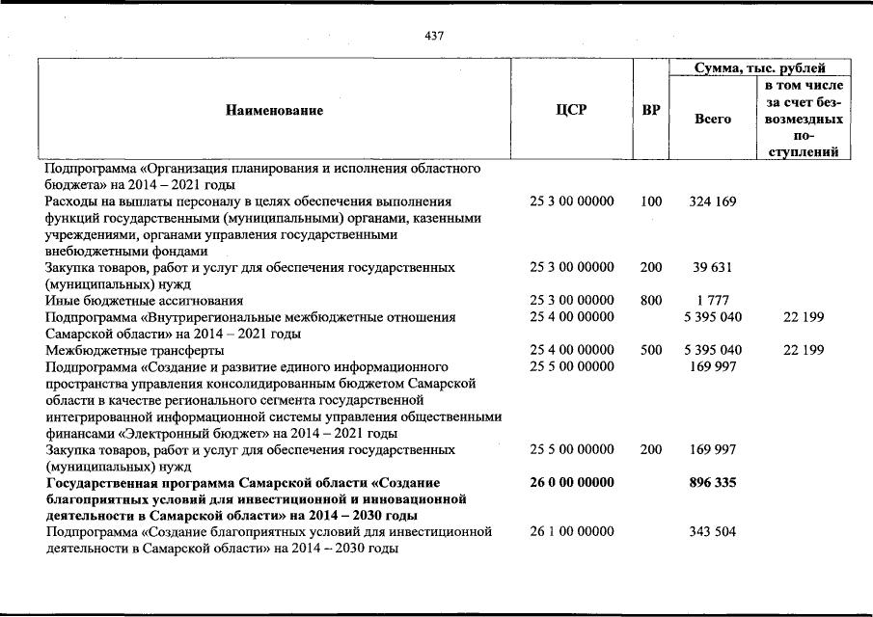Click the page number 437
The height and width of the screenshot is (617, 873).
[x=433, y=36]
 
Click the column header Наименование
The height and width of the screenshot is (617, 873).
[x=275, y=111]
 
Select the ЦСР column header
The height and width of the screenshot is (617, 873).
[x=572, y=111]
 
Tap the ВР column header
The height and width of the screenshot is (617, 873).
[x=651, y=111]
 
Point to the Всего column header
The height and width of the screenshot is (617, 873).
[x=713, y=120]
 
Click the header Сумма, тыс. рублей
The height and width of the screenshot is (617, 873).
[x=760, y=68]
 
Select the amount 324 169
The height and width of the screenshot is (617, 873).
[x=713, y=202]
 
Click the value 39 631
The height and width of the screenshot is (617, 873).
[x=713, y=268]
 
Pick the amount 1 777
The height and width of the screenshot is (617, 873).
[x=713, y=301]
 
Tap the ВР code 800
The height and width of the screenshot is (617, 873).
[x=651, y=301]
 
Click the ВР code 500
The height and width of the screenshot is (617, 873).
[x=651, y=350]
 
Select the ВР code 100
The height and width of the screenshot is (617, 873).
[x=651, y=202]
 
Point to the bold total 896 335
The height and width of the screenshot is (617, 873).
[x=713, y=482]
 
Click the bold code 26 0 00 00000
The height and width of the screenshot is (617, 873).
[x=572, y=482]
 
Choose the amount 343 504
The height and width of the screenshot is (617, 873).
[x=713, y=531]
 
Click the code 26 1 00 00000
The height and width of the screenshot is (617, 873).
[x=572, y=531]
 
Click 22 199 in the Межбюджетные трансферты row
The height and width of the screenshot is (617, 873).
[x=804, y=350]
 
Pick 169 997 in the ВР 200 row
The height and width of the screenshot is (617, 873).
[x=713, y=449]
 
